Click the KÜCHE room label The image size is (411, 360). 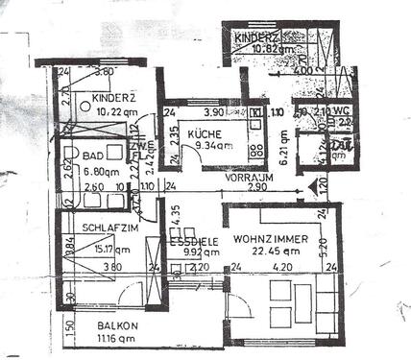point(203,134)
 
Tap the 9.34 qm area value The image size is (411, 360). point(210,146)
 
